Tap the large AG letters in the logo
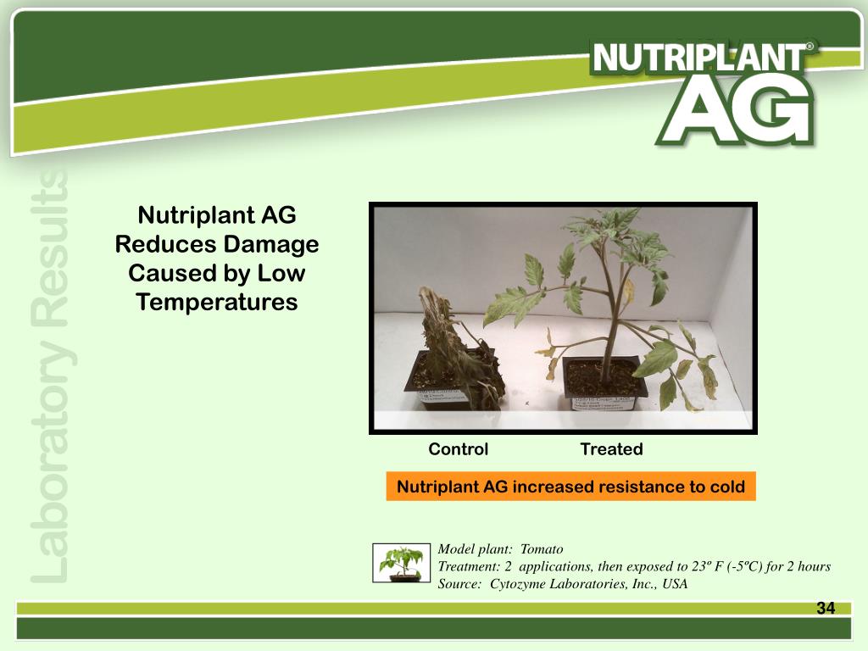point(734,111)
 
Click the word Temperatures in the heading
point(217,302)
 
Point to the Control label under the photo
point(458,449)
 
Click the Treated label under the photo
point(611,449)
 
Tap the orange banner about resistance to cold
point(570,487)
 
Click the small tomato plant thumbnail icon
point(402,563)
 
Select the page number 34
point(826,608)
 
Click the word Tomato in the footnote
point(542,549)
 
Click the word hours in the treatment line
point(811,566)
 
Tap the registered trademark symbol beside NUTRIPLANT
point(810,48)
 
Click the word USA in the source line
point(675,583)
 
